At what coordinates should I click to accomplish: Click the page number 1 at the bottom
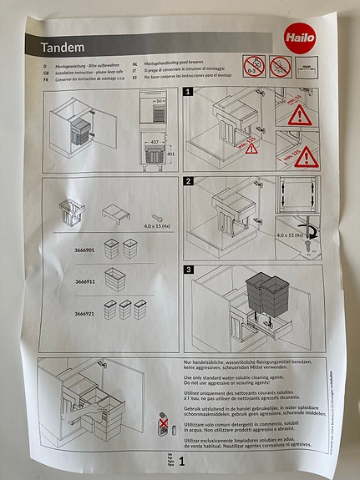181,460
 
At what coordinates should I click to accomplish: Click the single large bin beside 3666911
116,280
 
